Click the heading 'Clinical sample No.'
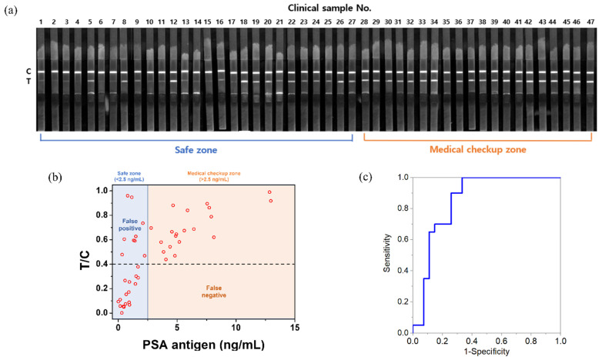coord(316,7)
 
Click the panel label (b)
coord(55,178)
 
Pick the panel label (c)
coord(369,178)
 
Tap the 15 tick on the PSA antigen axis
coord(295,328)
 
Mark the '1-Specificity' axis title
coord(486,353)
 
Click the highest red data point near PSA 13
coord(269,192)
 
